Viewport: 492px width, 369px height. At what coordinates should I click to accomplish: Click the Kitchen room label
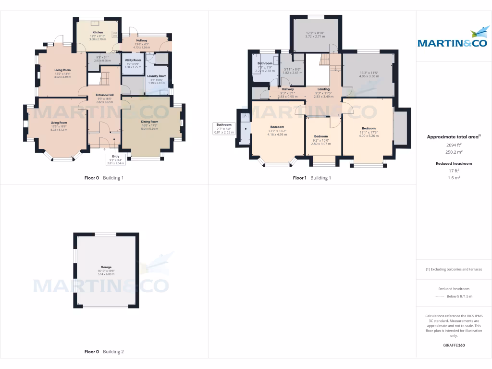coord(98,32)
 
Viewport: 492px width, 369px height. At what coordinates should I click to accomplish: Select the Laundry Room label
coord(157,76)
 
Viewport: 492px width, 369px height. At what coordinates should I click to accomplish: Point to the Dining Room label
coord(149,122)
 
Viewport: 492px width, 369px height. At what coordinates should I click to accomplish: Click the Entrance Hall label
coord(105,95)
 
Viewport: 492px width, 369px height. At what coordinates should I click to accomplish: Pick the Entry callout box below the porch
coord(115,160)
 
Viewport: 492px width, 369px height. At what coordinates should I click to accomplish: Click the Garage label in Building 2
coord(106,267)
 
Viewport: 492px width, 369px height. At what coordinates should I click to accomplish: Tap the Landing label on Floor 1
coord(323,89)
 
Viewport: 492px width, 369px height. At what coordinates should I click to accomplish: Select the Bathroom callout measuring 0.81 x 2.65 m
coord(224,128)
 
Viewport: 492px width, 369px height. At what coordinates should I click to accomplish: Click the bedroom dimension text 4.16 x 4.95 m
coord(277,135)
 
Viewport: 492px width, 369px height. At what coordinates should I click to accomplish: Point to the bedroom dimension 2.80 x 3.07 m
coord(321,144)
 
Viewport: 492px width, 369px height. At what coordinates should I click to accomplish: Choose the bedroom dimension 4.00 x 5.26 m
coord(369,136)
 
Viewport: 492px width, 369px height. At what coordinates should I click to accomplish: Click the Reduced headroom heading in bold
coord(454,163)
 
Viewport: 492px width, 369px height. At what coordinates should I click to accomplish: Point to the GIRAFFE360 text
coord(454,345)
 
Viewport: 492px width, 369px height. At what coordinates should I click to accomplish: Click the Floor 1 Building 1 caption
coord(312,178)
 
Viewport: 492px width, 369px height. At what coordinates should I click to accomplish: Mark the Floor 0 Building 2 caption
coord(104,352)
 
